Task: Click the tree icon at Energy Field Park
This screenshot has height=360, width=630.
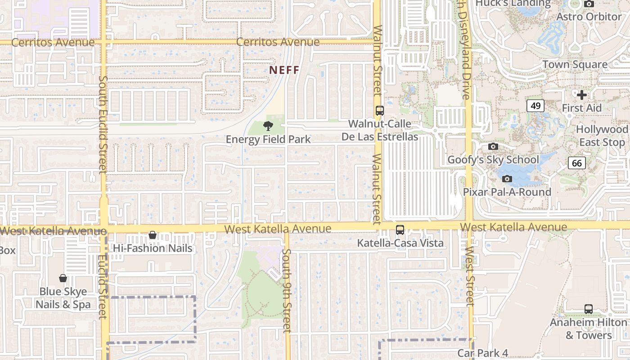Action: tap(268, 126)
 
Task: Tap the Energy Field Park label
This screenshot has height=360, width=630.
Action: tap(268, 139)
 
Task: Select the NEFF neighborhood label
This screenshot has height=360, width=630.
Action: tap(284, 70)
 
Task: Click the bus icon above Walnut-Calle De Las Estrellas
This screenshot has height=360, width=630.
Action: tap(380, 111)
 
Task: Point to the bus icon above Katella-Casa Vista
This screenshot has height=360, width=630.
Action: tap(400, 230)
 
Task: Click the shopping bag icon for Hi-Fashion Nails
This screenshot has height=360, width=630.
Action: tap(153, 235)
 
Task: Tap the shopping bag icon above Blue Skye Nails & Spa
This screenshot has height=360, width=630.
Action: tap(63, 279)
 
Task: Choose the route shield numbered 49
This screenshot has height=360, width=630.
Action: tap(535, 106)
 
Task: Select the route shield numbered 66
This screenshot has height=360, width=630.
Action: tap(577, 162)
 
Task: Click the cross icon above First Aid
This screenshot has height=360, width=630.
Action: tap(582, 95)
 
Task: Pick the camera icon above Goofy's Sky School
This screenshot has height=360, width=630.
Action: tap(493, 147)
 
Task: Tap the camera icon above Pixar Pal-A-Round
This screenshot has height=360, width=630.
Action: tap(507, 179)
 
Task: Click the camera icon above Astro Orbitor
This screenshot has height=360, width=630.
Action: tap(589, 4)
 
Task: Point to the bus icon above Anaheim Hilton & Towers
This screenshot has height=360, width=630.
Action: tap(588, 309)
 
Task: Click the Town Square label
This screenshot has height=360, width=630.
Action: tap(575, 64)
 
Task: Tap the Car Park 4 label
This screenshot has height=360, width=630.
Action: tap(483, 353)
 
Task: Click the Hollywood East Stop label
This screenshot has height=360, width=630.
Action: tap(602, 136)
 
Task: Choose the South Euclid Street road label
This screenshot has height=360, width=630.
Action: tap(103, 124)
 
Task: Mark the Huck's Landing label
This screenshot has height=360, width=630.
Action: tap(513, 4)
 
